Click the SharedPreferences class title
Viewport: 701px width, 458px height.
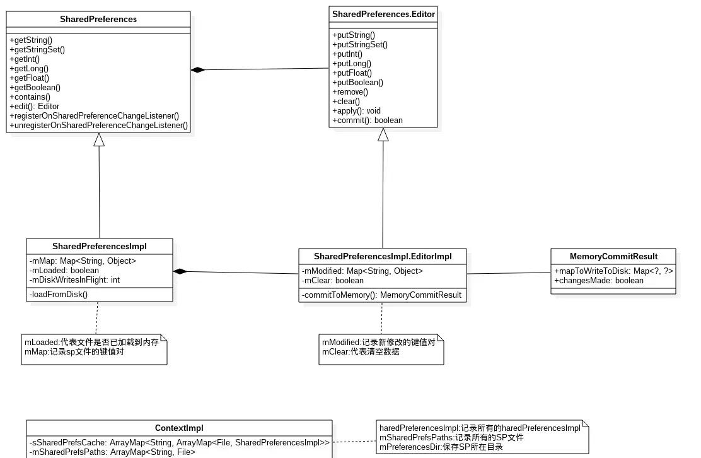click(x=98, y=19)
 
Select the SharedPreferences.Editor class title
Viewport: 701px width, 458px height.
click(x=383, y=15)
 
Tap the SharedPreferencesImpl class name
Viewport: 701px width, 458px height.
click(x=99, y=247)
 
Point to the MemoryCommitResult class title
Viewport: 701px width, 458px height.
click(x=613, y=256)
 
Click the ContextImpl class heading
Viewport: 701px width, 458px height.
click(x=179, y=428)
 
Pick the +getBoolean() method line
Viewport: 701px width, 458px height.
click(x=35, y=88)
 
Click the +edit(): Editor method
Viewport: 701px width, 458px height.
click(x=35, y=107)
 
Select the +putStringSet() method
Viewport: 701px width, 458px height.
click(x=360, y=45)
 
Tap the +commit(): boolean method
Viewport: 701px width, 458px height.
click(x=368, y=120)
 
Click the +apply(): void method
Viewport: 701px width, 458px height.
click(x=356, y=111)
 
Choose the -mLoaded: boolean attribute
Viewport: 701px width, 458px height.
click(x=64, y=271)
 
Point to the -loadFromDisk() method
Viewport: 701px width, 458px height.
click(x=59, y=295)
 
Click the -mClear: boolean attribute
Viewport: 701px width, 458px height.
click(x=333, y=281)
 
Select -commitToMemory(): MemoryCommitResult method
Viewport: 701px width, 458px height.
click(x=382, y=295)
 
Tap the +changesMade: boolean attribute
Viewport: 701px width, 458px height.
click(x=599, y=281)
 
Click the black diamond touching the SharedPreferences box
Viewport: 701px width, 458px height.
click(x=198, y=70)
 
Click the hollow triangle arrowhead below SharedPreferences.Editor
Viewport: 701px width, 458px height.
click(x=383, y=134)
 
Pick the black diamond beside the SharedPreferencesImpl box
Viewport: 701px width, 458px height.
click(x=180, y=271)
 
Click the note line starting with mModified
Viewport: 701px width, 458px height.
click(x=379, y=342)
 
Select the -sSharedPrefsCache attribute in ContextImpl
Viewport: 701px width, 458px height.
click(x=180, y=442)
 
